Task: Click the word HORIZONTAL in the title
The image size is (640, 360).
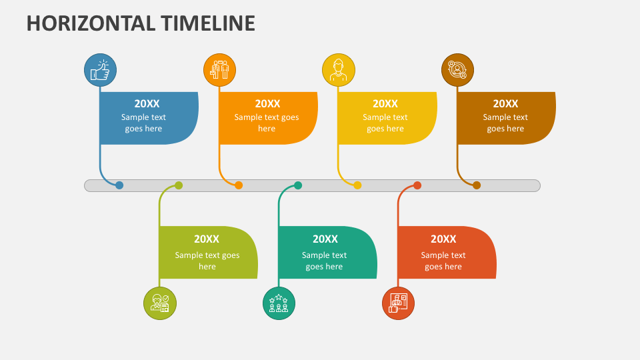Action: (x=91, y=23)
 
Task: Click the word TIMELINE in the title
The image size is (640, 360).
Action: (x=208, y=23)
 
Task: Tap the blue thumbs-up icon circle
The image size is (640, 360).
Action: (x=101, y=70)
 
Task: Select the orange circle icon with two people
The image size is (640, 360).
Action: (x=219, y=70)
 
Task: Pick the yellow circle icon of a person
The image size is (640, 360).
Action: (x=339, y=70)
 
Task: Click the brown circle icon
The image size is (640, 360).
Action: (x=457, y=70)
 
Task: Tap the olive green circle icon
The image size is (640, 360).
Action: (x=160, y=303)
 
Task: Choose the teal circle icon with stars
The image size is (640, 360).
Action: (x=279, y=303)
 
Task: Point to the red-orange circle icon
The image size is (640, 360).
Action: (x=399, y=303)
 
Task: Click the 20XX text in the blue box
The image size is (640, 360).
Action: (x=147, y=104)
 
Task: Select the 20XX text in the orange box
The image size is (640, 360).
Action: (x=268, y=104)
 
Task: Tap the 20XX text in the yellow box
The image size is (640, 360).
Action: (x=385, y=104)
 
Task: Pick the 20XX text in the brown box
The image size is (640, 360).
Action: (x=505, y=104)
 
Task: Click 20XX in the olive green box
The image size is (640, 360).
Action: (x=207, y=239)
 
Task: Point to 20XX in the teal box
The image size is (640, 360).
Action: (x=325, y=239)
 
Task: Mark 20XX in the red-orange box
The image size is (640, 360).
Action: (x=443, y=239)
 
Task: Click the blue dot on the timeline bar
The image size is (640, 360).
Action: (x=119, y=185)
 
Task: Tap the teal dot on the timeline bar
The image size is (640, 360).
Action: (x=298, y=185)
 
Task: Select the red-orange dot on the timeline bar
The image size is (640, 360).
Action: (x=417, y=185)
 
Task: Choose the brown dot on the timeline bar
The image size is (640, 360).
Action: (x=477, y=185)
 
